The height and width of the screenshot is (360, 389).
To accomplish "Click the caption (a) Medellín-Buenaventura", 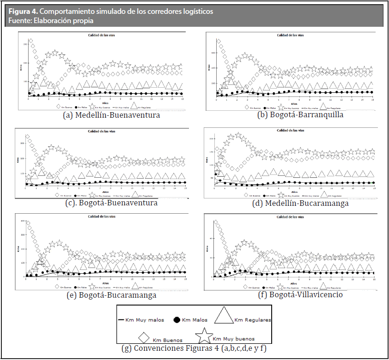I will pyautogui.click(x=111, y=115).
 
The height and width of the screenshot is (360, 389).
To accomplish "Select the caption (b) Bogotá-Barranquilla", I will pyautogui.click(x=300, y=115).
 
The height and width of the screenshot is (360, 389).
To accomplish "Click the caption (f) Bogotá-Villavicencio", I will pyautogui.click(x=300, y=294).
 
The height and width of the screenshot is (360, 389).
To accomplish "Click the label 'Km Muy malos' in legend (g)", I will pyautogui.click(x=144, y=320).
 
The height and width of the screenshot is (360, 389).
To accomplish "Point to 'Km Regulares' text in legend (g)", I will pyautogui.click(x=252, y=320).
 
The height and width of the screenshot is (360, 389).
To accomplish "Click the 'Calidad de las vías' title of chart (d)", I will pyautogui.click(x=290, y=131).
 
